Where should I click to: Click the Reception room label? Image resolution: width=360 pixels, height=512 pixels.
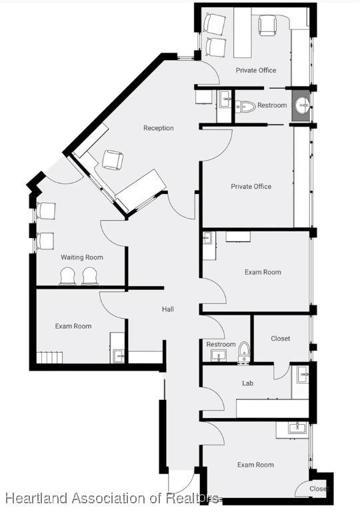click(x=159, y=128)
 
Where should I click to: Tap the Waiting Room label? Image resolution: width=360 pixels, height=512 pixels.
click(x=82, y=257)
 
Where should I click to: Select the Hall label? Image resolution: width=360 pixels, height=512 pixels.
click(x=168, y=309)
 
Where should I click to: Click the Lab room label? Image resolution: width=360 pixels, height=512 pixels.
click(x=247, y=383)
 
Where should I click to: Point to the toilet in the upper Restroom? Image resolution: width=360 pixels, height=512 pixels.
click(x=245, y=107)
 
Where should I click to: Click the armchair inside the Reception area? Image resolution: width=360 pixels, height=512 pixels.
click(x=113, y=160)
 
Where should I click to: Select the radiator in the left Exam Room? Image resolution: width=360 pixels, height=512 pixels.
click(x=49, y=357)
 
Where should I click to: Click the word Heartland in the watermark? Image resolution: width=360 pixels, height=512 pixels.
click(x=37, y=498)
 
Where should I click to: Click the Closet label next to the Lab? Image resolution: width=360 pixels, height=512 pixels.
click(x=280, y=339)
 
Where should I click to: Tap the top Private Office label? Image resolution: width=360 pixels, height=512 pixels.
click(x=256, y=70)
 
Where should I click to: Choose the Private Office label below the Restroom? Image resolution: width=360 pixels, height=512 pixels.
click(x=251, y=187)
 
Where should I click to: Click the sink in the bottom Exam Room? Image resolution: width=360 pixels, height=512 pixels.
click(x=297, y=428)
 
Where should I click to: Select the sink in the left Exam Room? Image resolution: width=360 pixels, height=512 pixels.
click(x=118, y=355)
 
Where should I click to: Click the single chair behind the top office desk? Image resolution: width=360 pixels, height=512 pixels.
click(x=267, y=25)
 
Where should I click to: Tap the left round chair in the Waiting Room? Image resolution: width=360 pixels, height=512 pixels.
click(x=68, y=276)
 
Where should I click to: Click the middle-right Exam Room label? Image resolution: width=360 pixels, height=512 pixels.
click(x=263, y=272)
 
